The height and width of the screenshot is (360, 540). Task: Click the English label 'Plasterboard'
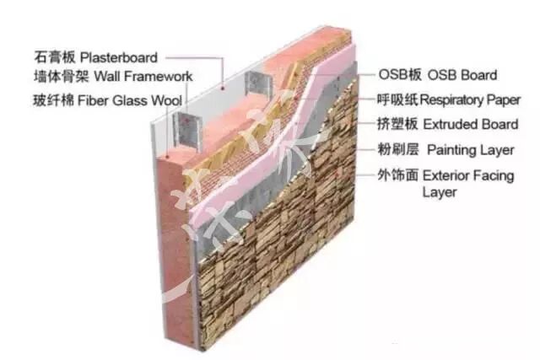(x=119, y=57)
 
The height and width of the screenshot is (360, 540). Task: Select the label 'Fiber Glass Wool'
(x=136, y=100)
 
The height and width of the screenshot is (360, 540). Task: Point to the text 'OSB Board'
(x=462, y=76)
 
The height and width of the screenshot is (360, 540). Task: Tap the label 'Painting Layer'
(x=468, y=150)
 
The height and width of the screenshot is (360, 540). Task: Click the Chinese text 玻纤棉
(x=48, y=100)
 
